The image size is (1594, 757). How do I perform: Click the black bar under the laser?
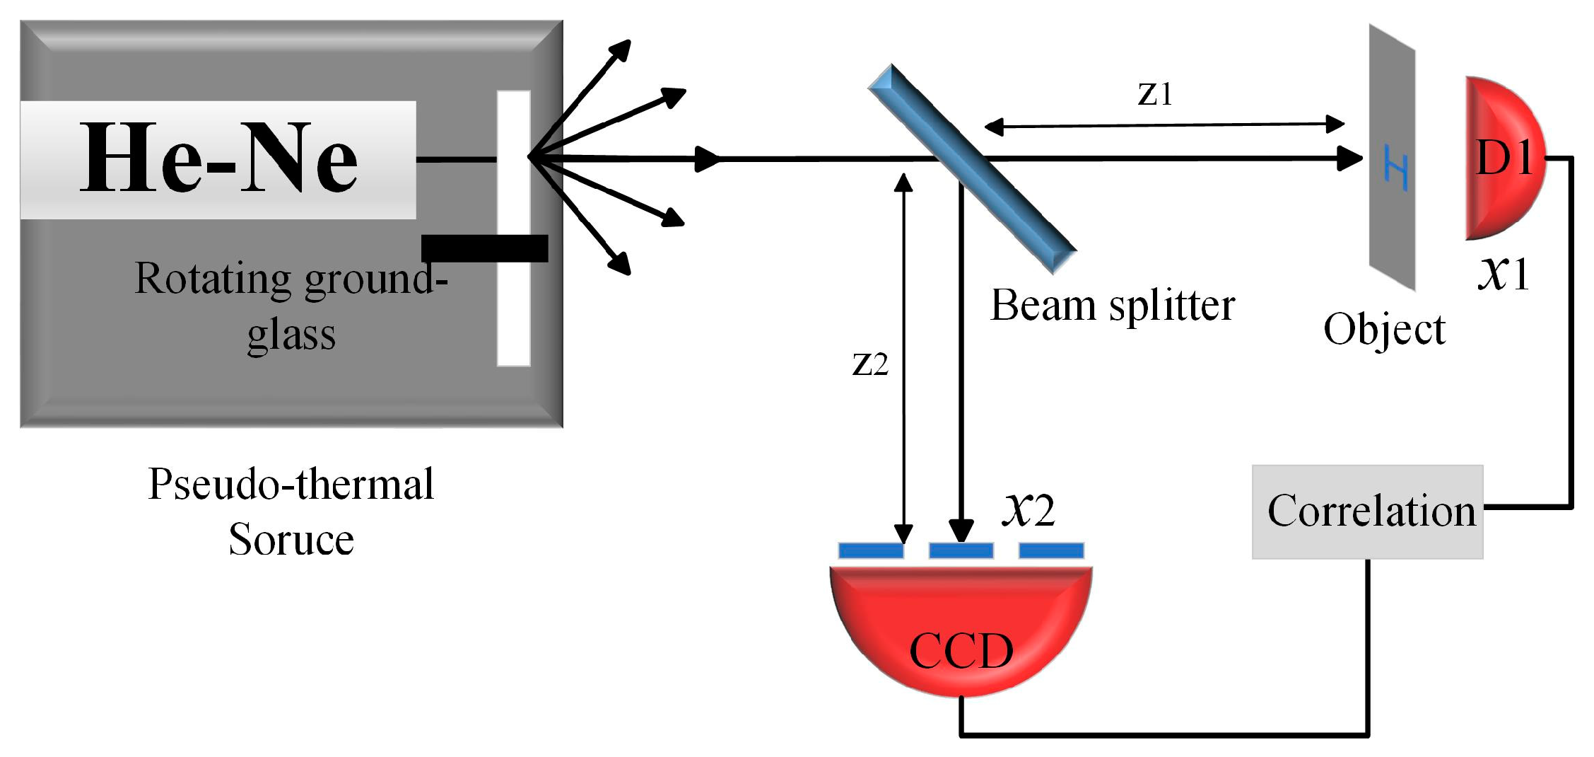click(484, 248)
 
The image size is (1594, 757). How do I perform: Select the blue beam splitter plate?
click(972, 168)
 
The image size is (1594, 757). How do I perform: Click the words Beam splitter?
click(1112, 306)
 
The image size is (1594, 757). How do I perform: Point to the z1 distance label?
click(1155, 94)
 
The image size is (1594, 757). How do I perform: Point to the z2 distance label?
click(870, 364)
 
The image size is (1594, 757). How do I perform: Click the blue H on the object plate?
click(1395, 167)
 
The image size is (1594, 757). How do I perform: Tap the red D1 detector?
click(1502, 158)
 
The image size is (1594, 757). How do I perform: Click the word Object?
click(1384, 330)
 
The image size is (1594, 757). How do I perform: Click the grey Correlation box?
click(1367, 512)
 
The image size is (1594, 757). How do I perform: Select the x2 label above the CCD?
click(1029, 509)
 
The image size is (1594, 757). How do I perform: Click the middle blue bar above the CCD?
click(961, 550)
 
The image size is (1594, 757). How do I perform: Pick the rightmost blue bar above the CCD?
click(1051, 550)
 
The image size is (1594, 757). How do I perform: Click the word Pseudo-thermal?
click(291, 485)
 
